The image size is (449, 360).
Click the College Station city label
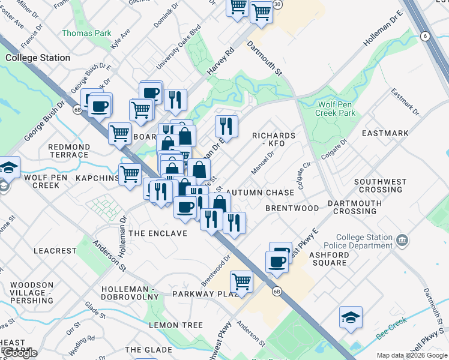click(37, 58)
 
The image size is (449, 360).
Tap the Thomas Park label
click(86, 34)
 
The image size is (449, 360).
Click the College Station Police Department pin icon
click(402, 241)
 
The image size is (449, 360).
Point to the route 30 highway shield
click(277, 4)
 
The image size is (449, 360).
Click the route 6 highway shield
click(426, 36)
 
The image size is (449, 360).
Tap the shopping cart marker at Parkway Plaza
click(241, 280)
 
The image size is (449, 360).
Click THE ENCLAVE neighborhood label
click(158, 233)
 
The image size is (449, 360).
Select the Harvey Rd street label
click(220, 63)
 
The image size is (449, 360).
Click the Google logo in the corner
click(20, 353)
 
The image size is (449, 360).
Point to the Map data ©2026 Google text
click(411, 355)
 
